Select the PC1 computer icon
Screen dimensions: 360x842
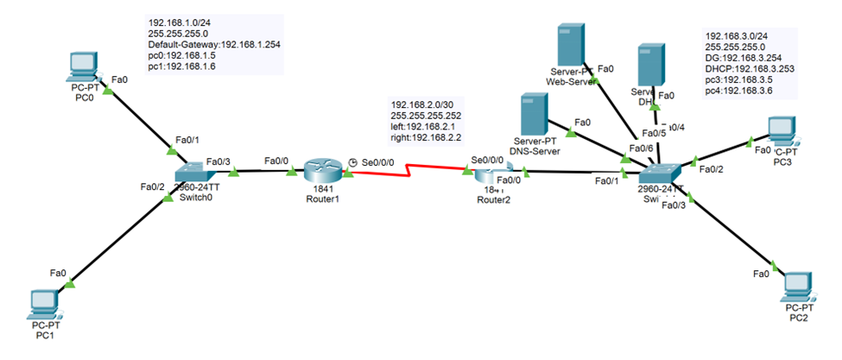(x=42, y=302)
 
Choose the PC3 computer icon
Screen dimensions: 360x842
(x=783, y=129)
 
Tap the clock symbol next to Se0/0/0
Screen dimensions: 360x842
(x=352, y=161)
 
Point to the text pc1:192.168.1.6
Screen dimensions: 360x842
(x=183, y=66)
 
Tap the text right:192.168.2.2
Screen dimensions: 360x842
(x=427, y=136)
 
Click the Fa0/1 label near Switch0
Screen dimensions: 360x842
(x=187, y=139)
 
